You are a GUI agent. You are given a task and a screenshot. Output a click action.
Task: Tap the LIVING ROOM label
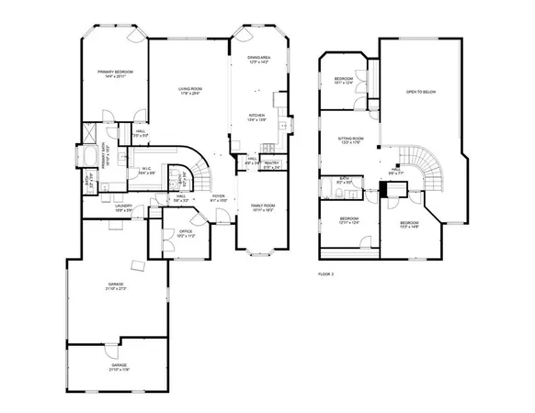pos(190,90)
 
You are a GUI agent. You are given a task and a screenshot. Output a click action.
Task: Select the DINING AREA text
pos(258,60)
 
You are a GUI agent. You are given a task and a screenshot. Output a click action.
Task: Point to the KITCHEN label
pos(256,117)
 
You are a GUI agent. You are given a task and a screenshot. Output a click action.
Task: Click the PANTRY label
pos(271,165)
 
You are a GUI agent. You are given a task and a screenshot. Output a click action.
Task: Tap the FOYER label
pos(218,197)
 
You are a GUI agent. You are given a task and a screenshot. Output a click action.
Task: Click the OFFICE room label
pos(186,233)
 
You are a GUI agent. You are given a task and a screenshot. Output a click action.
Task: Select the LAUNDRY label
pos(123,207)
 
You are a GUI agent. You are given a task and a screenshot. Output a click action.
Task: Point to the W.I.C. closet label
pos(146,170)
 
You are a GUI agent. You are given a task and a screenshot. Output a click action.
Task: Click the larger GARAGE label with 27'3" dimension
pos(116,286)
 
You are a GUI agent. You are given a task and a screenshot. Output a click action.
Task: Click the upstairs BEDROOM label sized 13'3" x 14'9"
pos(410,225)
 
